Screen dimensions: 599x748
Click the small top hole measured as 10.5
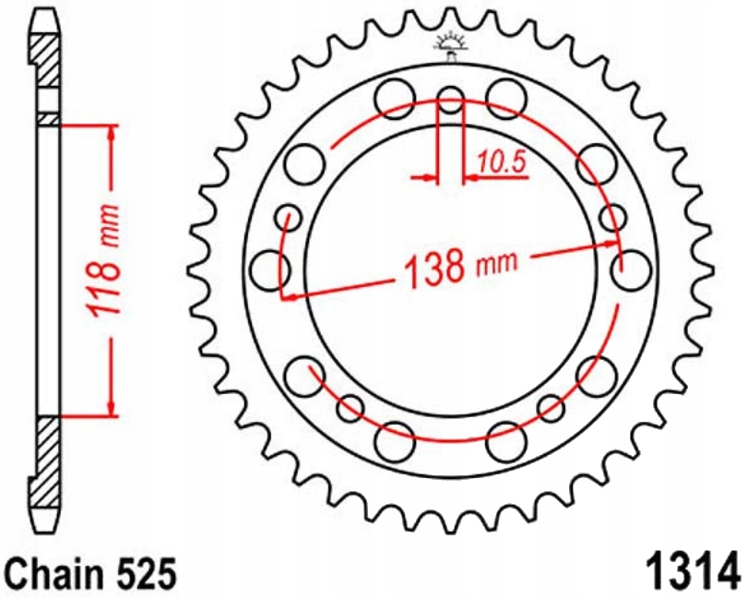point(450,99)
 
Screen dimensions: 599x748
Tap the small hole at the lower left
point(350,406)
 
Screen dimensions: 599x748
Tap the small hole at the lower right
point(551,406)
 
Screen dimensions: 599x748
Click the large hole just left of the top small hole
point(396,96)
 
